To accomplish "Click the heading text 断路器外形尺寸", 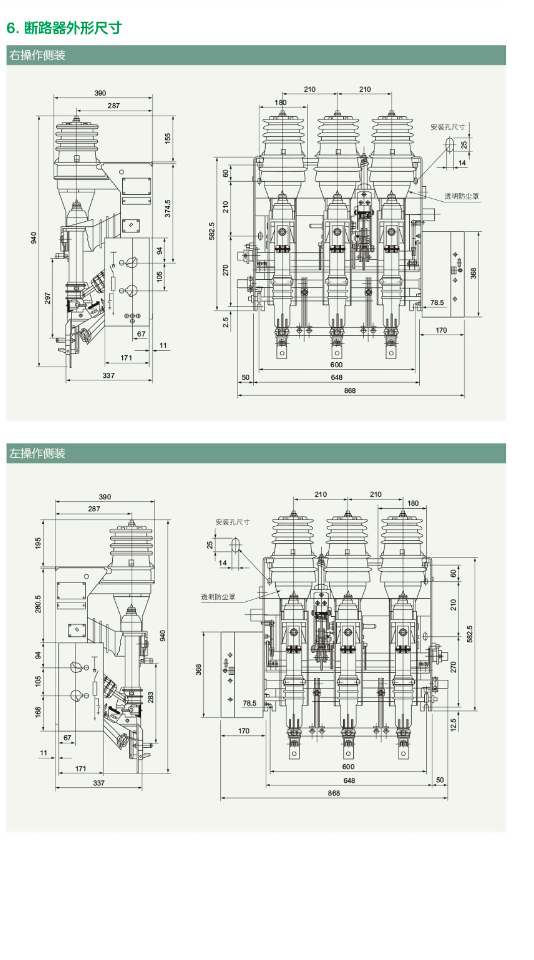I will click(x=73, y=28).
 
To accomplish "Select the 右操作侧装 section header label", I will click(x=38, y=55).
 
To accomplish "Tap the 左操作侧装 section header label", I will click(x=38, y=453).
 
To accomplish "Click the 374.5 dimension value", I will click(x=168, y=208).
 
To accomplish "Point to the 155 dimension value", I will click(x=168, y=138).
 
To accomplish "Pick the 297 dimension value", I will click(x=47, y=298).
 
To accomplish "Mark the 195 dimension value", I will click(x=38, y=543).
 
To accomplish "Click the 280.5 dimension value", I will click(x=38, y=604).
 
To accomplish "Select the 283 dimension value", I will click(x=150, y=697).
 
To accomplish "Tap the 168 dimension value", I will click(x=38, y=711).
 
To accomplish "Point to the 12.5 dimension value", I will click(x=453, y=725).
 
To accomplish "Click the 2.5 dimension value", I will click(x=225, y=322).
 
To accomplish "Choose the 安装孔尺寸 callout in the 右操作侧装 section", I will click(x=447, y=127).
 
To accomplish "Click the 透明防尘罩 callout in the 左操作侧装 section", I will click(x=218, y=597).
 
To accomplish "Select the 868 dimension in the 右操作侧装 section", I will click(x=350, y=390).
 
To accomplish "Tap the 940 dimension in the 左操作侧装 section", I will click(x=163, y=635).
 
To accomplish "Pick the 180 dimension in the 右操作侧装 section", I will click(x=280, y=103).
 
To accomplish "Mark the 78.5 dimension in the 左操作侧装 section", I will click(x=250, y=703).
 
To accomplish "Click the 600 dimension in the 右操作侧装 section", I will click(x=336, y=365).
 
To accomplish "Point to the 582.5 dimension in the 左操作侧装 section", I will click(x=470, y=634).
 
